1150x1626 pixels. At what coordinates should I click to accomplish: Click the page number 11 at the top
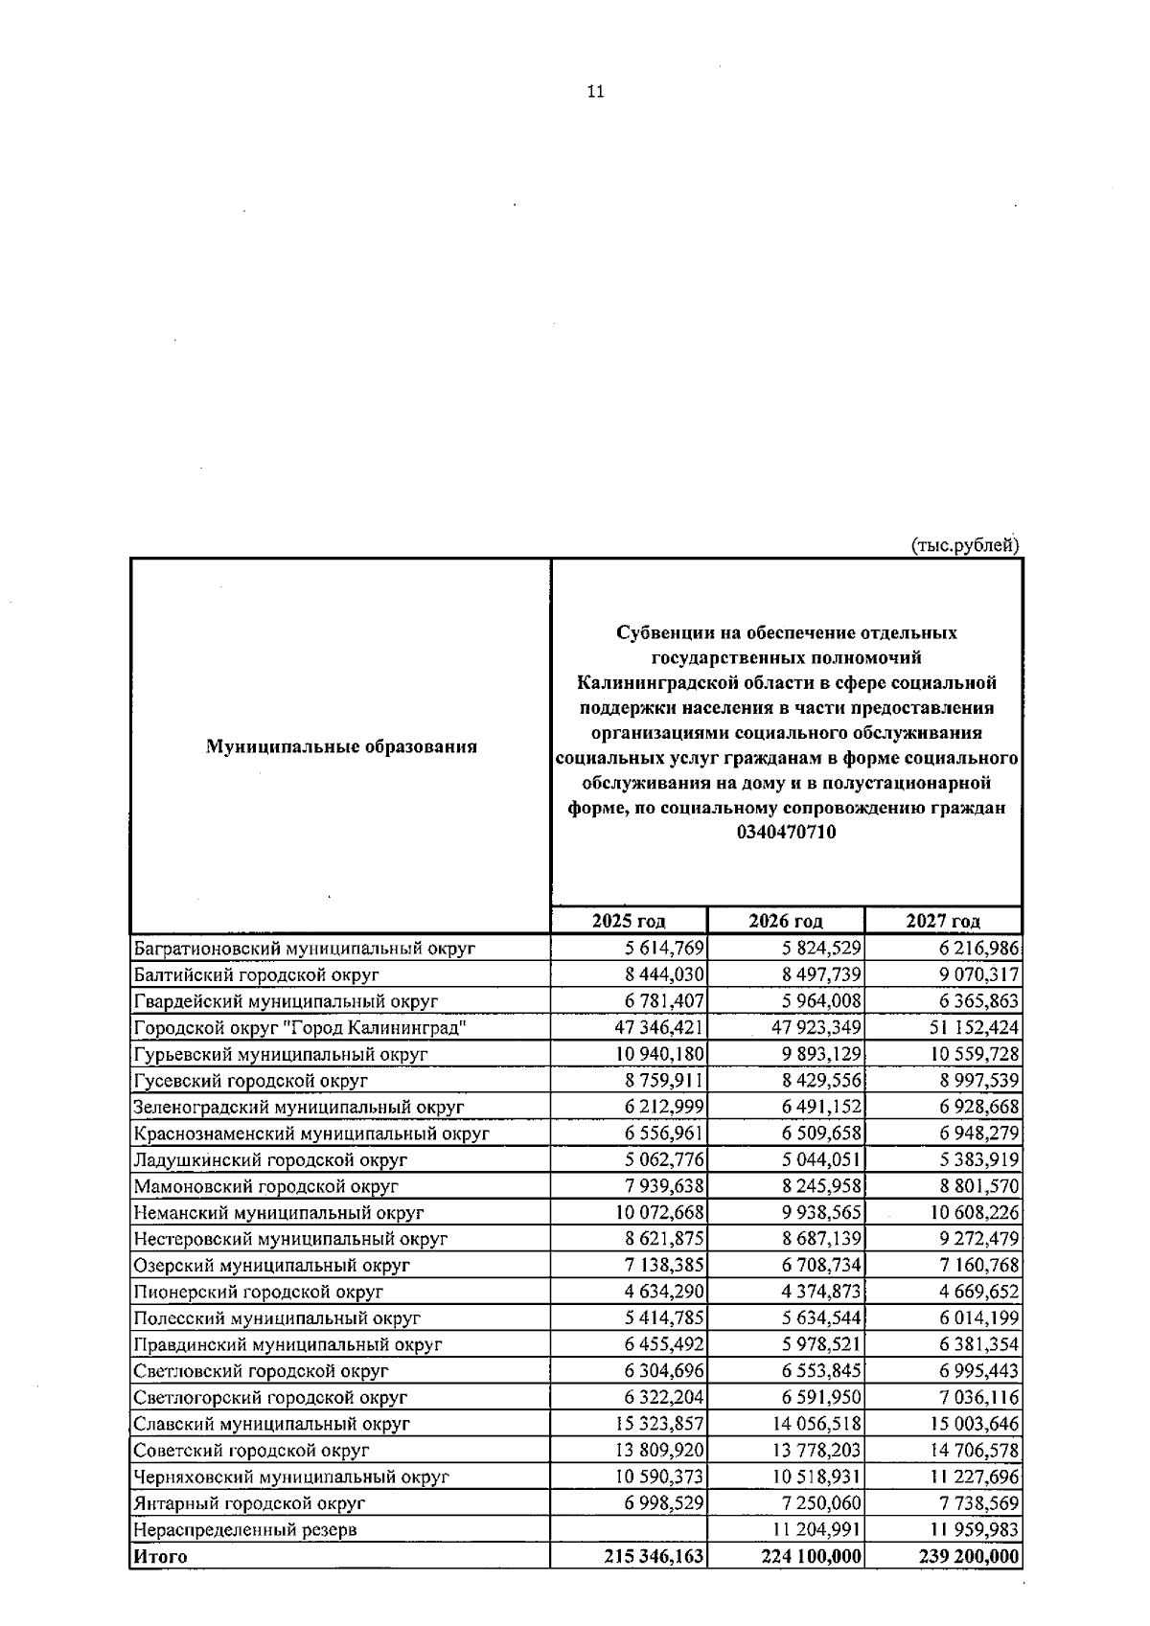click(595, 92)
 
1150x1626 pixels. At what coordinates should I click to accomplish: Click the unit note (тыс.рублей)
click(964, 545)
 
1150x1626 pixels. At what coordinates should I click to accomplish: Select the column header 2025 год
click(629, 921)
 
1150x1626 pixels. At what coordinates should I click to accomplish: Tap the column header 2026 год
click(786, 921)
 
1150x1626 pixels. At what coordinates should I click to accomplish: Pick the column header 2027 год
click(943, 921)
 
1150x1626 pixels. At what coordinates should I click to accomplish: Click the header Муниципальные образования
click(341, 746)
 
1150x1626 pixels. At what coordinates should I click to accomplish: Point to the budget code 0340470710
click(787, 833)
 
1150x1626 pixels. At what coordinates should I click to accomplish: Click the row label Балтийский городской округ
click(257, 974)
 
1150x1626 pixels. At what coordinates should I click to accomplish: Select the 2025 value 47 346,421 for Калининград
click(653, 1027)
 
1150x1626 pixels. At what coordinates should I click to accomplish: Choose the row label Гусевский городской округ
click(251, 1080)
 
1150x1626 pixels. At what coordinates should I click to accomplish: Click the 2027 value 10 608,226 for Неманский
click(975, 1212)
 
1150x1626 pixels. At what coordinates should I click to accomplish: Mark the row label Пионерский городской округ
click(259, 1292)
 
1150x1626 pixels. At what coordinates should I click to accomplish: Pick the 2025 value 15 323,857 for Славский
click(653, 1424)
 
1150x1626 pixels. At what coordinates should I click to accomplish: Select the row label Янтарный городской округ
click(250, 1503)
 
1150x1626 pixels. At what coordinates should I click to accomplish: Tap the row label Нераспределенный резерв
click(245, 1529)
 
